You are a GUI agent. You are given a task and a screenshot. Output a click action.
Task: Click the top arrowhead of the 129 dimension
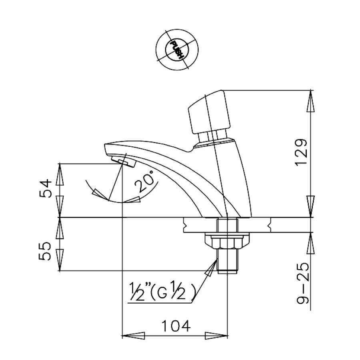coord(311,102)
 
